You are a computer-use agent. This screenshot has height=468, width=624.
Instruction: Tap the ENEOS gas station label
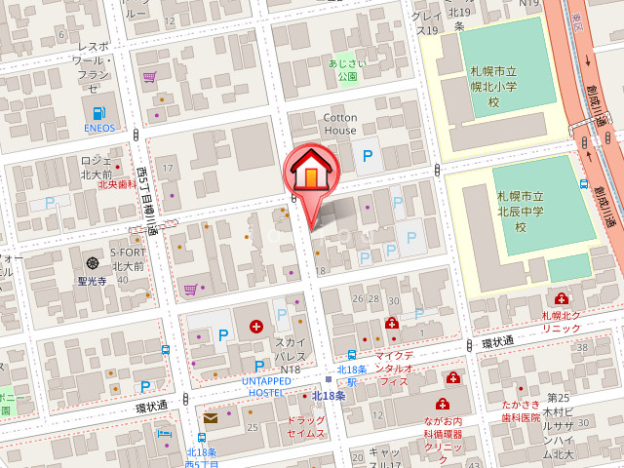pyautogui.click(x=98, y=128)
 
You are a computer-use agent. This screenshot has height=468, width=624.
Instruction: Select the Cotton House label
pyautogui.click(x=340, y=124)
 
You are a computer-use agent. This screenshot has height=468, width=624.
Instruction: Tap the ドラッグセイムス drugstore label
pyautogui.click(x=306, y=425)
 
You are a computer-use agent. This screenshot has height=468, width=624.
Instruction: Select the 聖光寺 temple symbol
pyautogui.click(x=93, y=262)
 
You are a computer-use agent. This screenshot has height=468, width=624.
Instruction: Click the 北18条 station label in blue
pyautogui.click(x=329, y=396)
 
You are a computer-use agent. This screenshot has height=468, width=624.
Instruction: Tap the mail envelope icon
pyautogui.click(x=210, y=418)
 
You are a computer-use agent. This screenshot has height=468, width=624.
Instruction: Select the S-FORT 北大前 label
pyautogui.click(x=127, y=258)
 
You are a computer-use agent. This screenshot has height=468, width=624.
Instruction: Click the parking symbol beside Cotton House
pyautogui.click(x=368, y=155)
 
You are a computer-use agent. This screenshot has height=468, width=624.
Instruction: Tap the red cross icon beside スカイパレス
pyautogui.click(x=256, y=327)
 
